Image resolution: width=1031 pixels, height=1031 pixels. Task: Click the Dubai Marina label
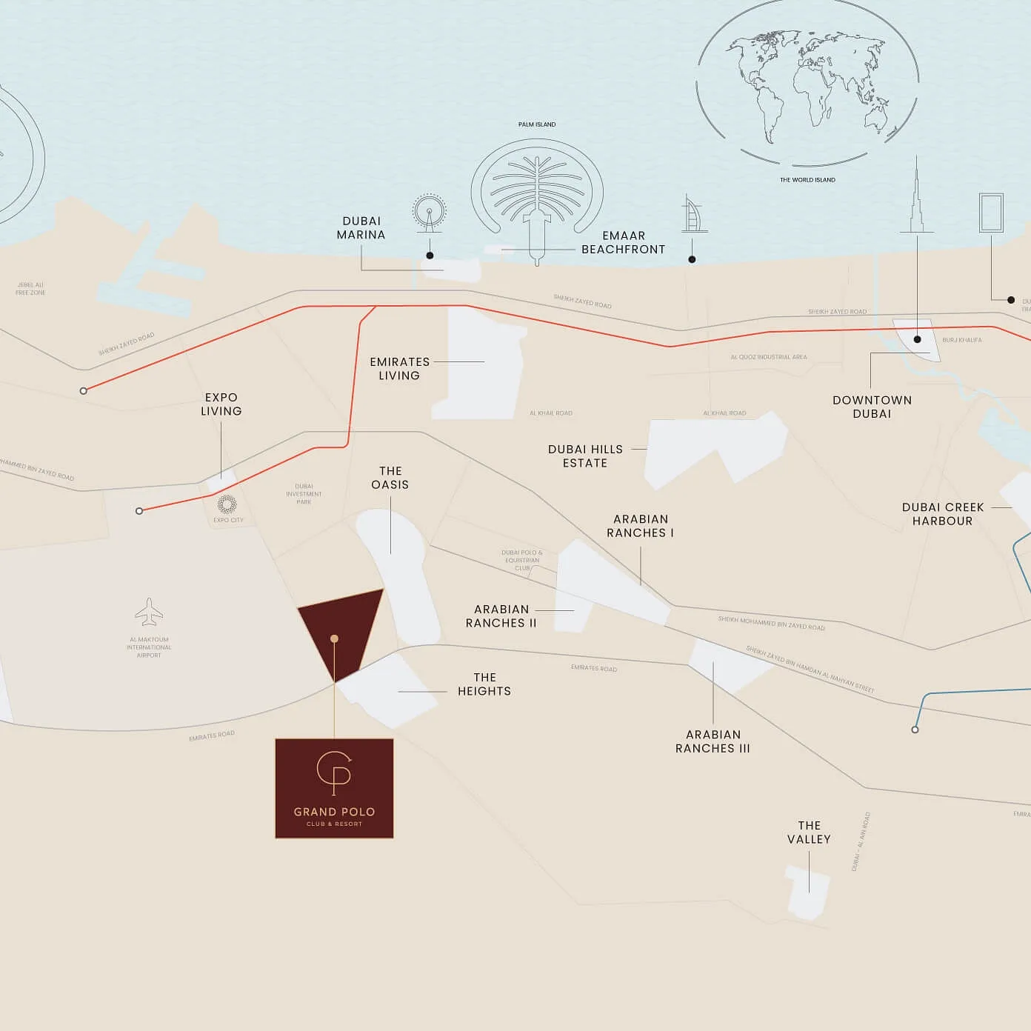pos(361,228)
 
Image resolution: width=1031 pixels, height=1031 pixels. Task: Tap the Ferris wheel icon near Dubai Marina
pos(430,212)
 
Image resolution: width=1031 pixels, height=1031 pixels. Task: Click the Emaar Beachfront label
pos(623,243)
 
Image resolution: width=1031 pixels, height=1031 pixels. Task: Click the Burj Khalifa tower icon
pos(917,196)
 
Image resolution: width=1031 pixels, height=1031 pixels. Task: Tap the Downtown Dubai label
pos(872,407)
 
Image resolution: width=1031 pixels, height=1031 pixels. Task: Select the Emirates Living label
pos(399,369)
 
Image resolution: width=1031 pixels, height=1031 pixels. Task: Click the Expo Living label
pos(221,404)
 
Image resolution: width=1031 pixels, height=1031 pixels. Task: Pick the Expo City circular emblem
pos(227,504)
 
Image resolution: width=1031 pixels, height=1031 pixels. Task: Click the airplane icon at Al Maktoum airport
pos(149,612)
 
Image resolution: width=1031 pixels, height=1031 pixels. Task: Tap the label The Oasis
pos(390,478)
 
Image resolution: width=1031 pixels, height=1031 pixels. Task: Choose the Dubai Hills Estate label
pos(585,456)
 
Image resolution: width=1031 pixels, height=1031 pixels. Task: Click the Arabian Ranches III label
pos(713,741)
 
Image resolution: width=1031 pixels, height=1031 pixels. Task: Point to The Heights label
pos(484,684)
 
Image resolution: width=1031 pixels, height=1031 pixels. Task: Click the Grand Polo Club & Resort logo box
pos(334,788)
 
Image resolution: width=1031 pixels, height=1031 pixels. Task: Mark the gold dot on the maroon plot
pos(335,638)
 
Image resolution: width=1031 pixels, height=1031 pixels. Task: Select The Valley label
pos(809,833)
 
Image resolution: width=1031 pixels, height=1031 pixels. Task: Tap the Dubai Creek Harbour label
pos(942,514)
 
